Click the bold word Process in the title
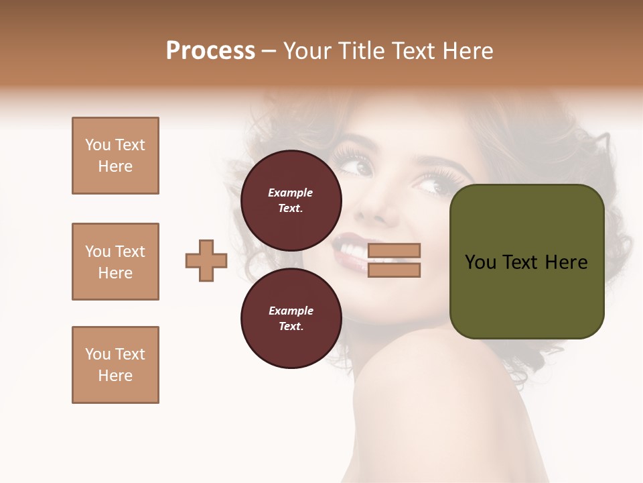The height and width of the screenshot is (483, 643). click(x=210, y=50)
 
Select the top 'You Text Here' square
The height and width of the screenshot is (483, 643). click(x=115, y=156)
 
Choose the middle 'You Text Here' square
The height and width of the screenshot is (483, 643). click(x=115, y=262)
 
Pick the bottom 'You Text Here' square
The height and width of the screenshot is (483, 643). click(x=115, y=365)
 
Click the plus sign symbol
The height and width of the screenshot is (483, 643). click(x=206, y=260)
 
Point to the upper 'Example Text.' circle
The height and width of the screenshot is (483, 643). click(x=291, y=200)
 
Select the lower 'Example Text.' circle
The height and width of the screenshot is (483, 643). click(x=291, y=318)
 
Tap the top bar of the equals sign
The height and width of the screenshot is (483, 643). click(x=394, y=250)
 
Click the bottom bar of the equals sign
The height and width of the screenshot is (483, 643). click(x=394, y=270)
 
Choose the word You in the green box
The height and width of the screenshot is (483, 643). click(x=480, y=262)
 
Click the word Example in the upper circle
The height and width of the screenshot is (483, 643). click(x=291, y=193)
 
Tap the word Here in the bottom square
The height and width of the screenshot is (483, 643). click(x=115, y=376)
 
